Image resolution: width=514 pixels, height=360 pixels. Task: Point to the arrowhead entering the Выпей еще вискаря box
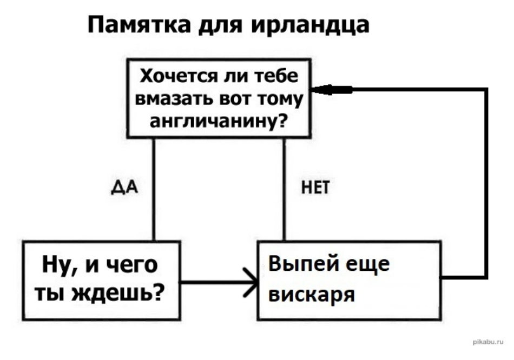coord(250,282)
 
